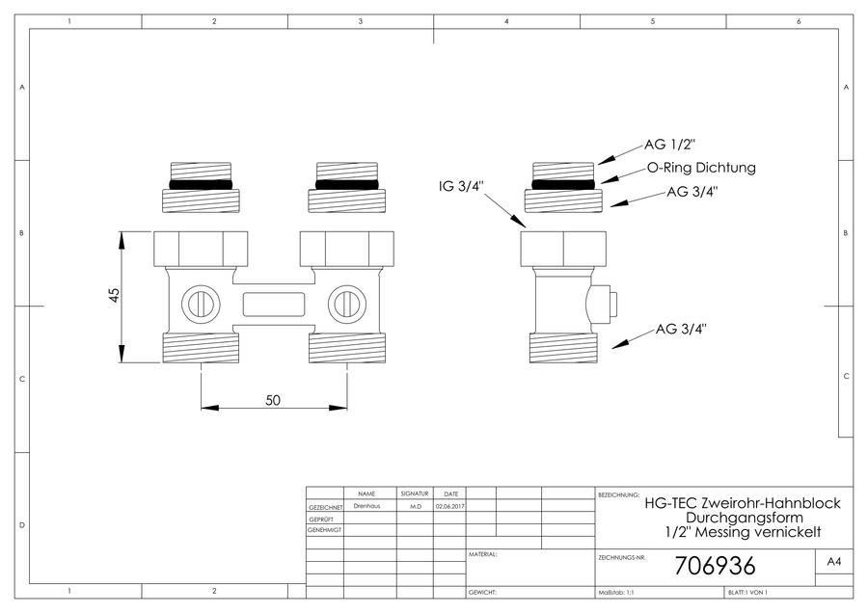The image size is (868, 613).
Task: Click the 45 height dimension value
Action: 114,295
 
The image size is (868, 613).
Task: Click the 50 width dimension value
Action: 273,400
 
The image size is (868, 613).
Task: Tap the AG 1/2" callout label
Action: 669,145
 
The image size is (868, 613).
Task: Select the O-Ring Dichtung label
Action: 701,167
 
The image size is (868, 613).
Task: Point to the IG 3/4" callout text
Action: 461,186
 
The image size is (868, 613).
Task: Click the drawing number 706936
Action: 716,566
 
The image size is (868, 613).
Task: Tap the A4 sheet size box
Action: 833,562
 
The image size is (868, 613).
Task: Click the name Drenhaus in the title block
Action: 367,506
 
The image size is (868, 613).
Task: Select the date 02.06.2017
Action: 450,506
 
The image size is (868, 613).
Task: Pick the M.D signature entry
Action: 415,506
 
